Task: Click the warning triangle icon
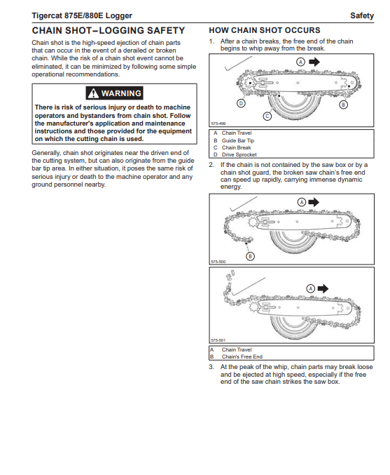(x=93, y=93)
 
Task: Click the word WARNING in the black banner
(x=121, y=93)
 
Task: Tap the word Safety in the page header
(x=362, y=15)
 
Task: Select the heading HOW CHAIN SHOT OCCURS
(x=265, y=30)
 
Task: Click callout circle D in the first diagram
(x=241, y=103)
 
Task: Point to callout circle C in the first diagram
(x=267, y=116)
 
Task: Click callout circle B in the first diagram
(x=343, y=105)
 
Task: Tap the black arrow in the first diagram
(x=314, y=62)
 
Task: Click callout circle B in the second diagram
(x=250, y=256)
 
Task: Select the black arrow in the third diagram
(x=323, y=288)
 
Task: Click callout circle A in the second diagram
(x=302, y=202)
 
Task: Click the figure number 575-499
(x=218, y=123)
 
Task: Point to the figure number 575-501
(x=218, y=340)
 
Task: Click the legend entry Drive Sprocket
(x=239, y=155)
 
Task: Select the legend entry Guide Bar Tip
(x=238, y=140)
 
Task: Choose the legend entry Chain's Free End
(x=242, y=357)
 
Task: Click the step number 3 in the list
(x=211, y=367)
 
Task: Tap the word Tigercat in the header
(x=47, y=15)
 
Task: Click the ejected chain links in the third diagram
(x=230, y=276)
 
